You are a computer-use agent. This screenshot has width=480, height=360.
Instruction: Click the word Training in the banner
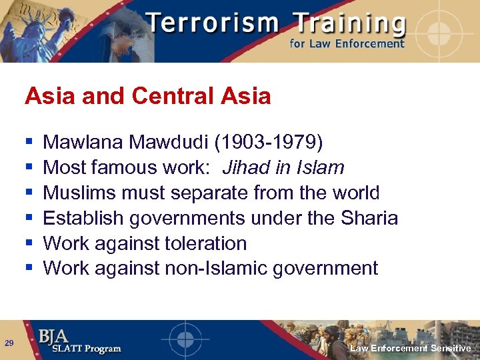click(341, 24)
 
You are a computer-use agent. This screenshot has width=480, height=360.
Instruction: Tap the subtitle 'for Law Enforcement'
click(346, 44)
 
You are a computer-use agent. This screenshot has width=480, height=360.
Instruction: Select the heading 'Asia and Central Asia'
click(147, 96)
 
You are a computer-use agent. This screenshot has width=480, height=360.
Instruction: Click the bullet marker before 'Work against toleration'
click(29, 243)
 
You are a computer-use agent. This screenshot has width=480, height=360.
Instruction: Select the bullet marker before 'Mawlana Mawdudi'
click(29, 142)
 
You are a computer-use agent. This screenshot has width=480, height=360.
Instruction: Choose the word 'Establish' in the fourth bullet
click(83, 218)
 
